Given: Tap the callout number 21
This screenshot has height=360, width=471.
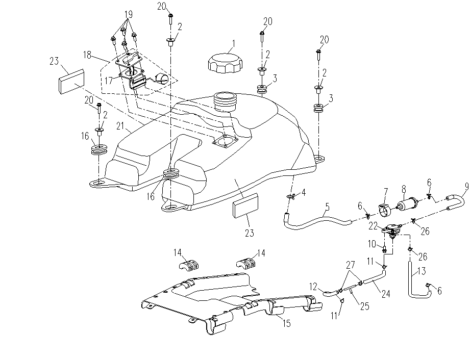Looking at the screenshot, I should (x=121, y=126).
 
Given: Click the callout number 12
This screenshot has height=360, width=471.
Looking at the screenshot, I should (x=313, y=286).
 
